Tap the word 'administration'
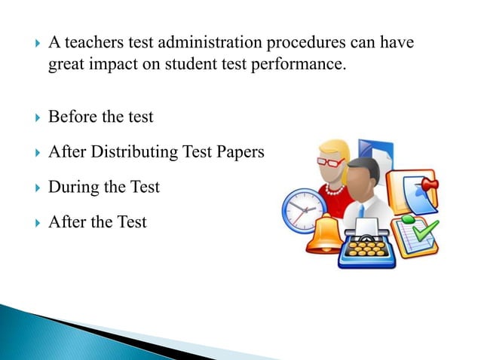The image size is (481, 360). tap(203, 44)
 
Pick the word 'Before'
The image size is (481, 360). tap(72, 117)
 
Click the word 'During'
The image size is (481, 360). tap(73, 186)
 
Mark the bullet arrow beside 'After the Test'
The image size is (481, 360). tap(29, 222)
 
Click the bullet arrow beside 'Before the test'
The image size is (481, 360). tap(29, 117)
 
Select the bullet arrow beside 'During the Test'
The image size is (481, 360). tap(29, 187)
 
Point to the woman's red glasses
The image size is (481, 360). tap(332, 160)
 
